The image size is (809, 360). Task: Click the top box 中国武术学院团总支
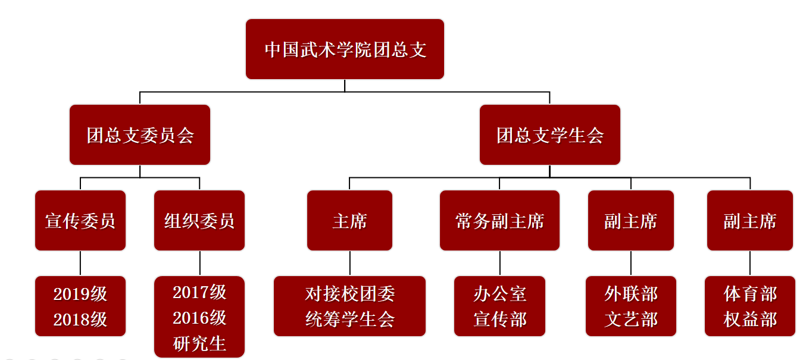[x=345, y=49]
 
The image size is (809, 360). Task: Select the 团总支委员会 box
[x=140, y=135]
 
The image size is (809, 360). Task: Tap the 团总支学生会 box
[x=549, y=135]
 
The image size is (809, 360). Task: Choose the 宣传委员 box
[x=80, y=221]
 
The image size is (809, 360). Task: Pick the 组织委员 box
[x=199, y=221]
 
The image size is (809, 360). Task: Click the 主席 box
[x=349, y=221]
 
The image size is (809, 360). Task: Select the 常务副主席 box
[x=499, y=221]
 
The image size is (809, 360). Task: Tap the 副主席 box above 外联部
[x=631, y=221]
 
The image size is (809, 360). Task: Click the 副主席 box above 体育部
[x=750, y=221]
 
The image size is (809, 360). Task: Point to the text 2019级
[x=80, y=294]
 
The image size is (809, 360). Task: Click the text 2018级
[x=80, y=320]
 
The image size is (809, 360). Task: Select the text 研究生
[x=199, y=343]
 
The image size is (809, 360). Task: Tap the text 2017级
[x=199, y=292]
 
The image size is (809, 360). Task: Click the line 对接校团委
[x=349, y=294]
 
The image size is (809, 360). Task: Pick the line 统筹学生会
[x=349, y=320]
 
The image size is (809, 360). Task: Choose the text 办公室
[x=499, y=294]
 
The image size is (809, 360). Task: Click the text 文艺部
[x=631, y=320]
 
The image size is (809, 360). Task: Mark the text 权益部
[x=750, y=320]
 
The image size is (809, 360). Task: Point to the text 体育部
[x=750, y=294]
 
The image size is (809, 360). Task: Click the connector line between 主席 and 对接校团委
[x=349, y=263]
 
